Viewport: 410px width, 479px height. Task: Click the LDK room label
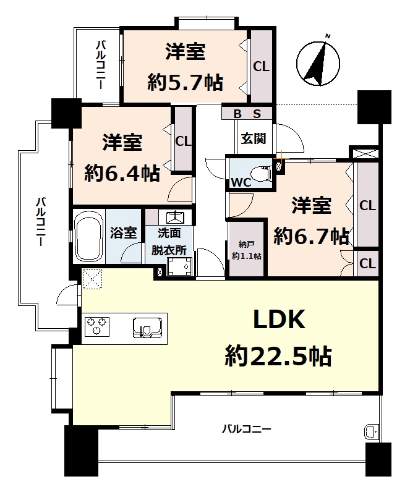(279, 320)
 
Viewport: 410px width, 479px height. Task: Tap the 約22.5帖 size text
(278, 356)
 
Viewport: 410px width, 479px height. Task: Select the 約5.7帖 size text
(186, 82)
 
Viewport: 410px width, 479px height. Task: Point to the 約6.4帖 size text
(122, 173)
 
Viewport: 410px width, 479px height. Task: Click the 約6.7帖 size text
(311, 235)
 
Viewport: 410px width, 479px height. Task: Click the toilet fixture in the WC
(262, 174)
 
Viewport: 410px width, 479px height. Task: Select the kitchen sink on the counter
(147, 328)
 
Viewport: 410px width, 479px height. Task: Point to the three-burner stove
(97, 326)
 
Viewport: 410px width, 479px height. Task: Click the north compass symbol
(318, 62)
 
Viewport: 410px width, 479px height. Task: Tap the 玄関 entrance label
(254, 138)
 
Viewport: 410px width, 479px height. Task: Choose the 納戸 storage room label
(246, 244)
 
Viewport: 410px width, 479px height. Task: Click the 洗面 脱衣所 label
(169, 242)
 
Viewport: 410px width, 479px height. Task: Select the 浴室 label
(123, 233)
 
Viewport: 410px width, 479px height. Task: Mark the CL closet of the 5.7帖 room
(262, 66)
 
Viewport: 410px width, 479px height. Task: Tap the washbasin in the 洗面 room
(175, 218)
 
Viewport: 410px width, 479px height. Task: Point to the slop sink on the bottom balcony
(369, 432)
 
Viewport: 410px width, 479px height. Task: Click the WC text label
(241, 182)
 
